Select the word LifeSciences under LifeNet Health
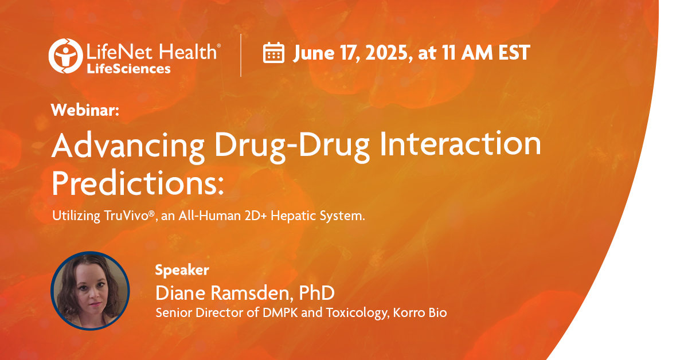click(x=128, y=69)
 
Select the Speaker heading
click(x=182, y=270)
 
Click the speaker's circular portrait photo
click(x=90, y=290)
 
